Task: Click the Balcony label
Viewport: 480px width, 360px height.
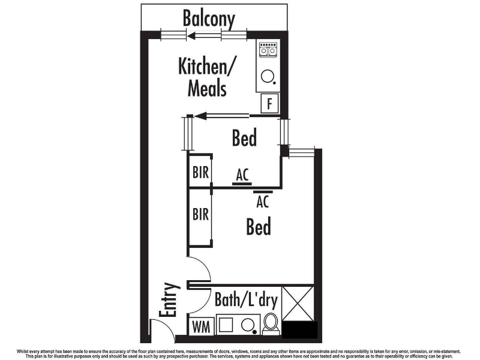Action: pos(209,19)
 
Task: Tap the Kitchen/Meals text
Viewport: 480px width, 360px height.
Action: pos(207,77)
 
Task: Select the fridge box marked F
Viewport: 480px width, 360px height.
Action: pos(269,103)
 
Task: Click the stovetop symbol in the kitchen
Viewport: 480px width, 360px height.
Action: pos(268,50)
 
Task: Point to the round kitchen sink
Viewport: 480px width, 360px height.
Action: pos(268,76)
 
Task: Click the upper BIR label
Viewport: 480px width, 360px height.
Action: pos(200,172)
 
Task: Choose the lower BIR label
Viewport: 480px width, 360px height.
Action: pos(200,214)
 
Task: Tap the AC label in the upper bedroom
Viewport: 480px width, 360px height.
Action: pos(242,175)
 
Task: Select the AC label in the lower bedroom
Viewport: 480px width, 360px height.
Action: pos(263,202)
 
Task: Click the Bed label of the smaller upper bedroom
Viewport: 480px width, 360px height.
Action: pos(244,138)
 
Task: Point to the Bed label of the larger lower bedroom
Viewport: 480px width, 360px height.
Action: pos(259,227)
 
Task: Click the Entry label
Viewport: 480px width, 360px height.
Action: pos(169,299)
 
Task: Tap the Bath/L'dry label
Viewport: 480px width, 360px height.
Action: pos(246,299)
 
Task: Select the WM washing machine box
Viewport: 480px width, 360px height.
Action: pos(201,326)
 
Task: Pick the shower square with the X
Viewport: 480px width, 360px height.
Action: pos(298,304)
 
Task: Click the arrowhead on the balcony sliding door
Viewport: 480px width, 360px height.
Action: pos(191,37)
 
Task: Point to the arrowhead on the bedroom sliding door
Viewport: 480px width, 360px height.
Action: pos(200,116)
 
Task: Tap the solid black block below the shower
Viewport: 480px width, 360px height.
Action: pos(299,329)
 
